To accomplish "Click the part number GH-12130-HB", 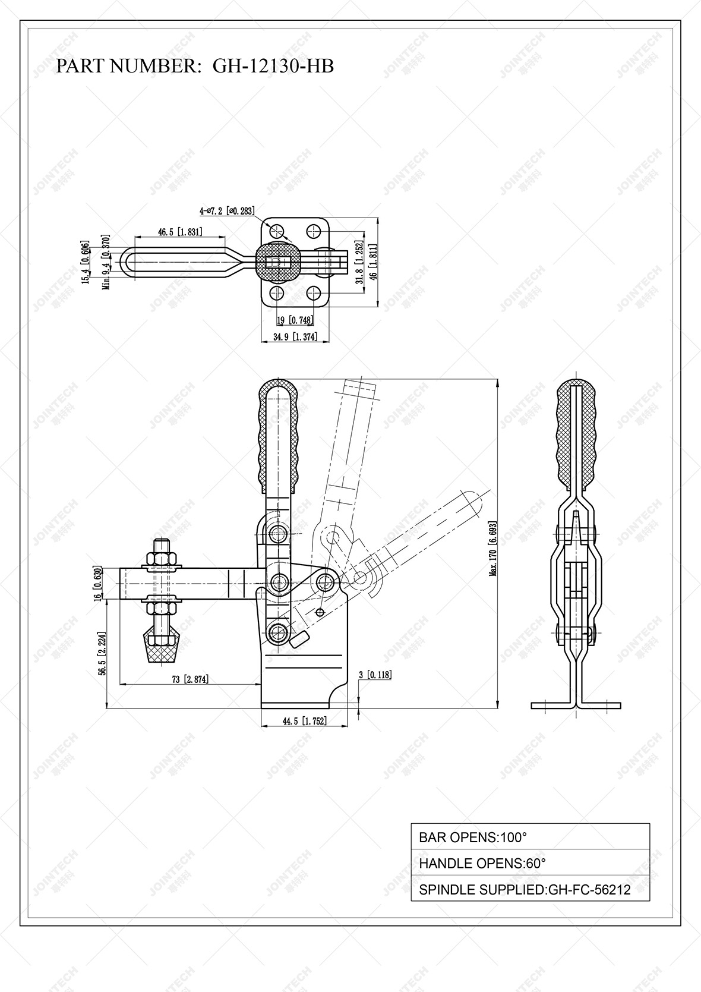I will pyautogui.click(x=273, y=66).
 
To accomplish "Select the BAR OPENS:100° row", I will pyautogui.click(x=530, y=837).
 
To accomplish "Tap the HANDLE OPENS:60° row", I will pyautogui.click(x=530, y=863).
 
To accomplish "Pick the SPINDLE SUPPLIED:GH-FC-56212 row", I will pyautogui.click(x=530, y=889).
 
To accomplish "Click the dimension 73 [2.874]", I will pyautogui.click(x=190, y=679).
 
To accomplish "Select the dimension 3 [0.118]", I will pyautogui.click(x=375, y=675).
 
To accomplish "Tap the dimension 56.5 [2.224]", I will pyautogui.click(x=102, y=654).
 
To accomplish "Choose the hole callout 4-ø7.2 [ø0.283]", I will pyautogui.click(x=227, y=210).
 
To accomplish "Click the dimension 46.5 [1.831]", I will pyautogui.click(x=180, y=232).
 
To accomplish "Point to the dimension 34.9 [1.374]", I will pyautogui.click(x=295, y=337).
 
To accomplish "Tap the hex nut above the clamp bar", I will pyautogui.click(x=160, y=559).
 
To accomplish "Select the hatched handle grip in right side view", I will pyautogui.click(x=576, y=434).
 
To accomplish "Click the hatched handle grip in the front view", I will pyautogui.click(x=278, y=434).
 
